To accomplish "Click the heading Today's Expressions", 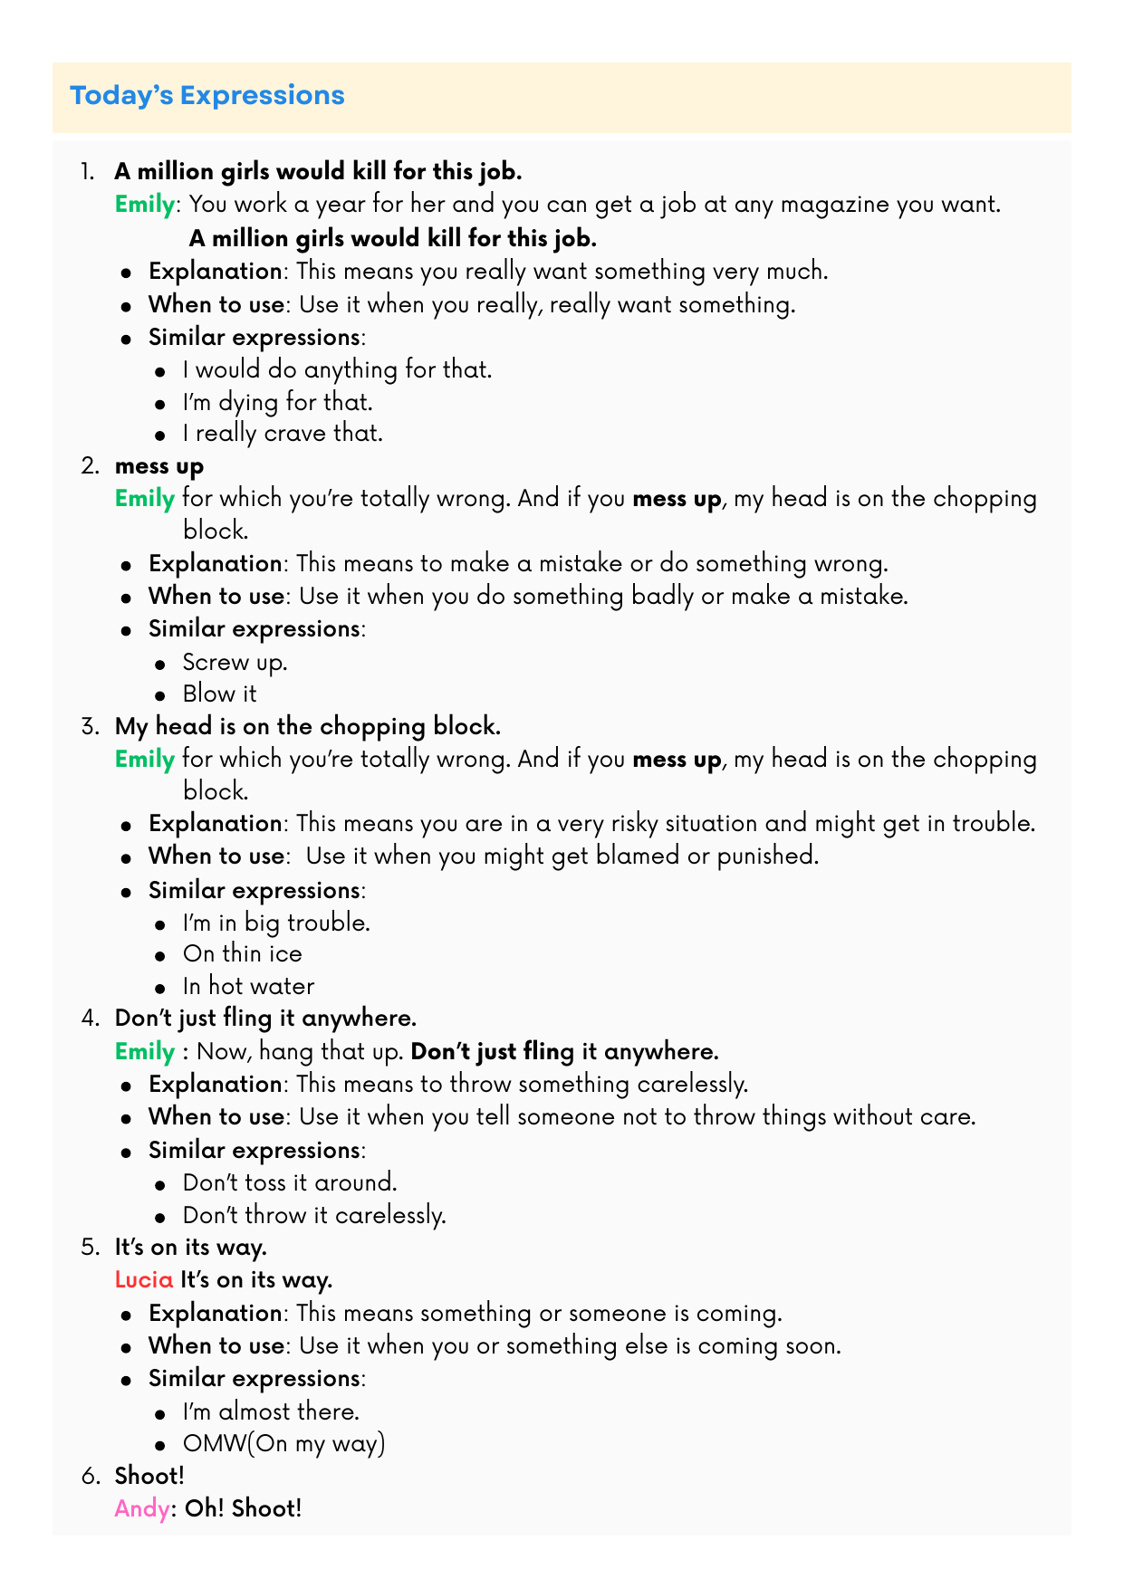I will [x=207, y=96].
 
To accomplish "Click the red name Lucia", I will [x=143, y=1280].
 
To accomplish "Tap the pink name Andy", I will [x=141, y=1509].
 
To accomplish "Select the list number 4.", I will [x=89, y=1019].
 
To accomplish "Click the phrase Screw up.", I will [x=235, y=662].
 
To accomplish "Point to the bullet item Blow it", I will [x=219, y=694].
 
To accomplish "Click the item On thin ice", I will [x=242, y=954].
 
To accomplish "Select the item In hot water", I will [x=248, y=987].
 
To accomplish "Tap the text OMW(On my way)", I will [x=283, y=1444].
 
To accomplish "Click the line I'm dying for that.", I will [x=277, y=401].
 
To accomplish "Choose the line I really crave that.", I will [x=283, y=434].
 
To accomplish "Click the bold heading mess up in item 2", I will [x=159, y=466].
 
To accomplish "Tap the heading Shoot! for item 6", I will [x=149, y=1477].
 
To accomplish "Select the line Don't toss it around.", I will [x=290, y=1183].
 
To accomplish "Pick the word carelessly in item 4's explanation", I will [x=693, y=1085].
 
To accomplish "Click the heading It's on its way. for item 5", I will [x=190, y=1248].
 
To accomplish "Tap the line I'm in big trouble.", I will [x=276, y=923].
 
